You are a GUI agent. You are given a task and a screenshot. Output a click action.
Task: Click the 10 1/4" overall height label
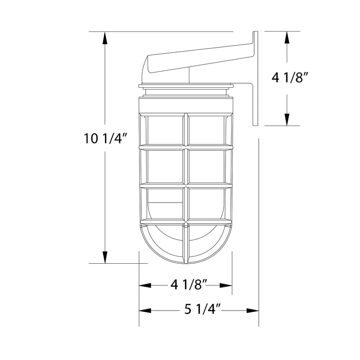(103, 138)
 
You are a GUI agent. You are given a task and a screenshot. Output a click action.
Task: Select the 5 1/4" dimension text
(202, 310)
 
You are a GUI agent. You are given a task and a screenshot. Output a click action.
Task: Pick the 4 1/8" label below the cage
(188, 285)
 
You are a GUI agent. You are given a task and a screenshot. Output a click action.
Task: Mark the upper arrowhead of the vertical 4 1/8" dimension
(287, 37)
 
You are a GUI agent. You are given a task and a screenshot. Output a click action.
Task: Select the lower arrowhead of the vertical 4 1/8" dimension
(287, 119)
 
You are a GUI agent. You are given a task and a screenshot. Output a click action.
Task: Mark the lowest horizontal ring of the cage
(186, 221)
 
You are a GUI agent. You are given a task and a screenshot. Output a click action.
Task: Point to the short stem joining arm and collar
(189, 76)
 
